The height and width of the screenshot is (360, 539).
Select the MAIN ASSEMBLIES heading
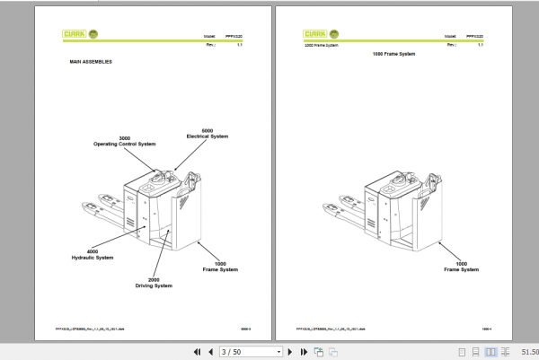(91, 62)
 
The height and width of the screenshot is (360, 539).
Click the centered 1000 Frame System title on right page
(393, 55)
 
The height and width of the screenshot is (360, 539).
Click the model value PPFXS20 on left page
(228, 36)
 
